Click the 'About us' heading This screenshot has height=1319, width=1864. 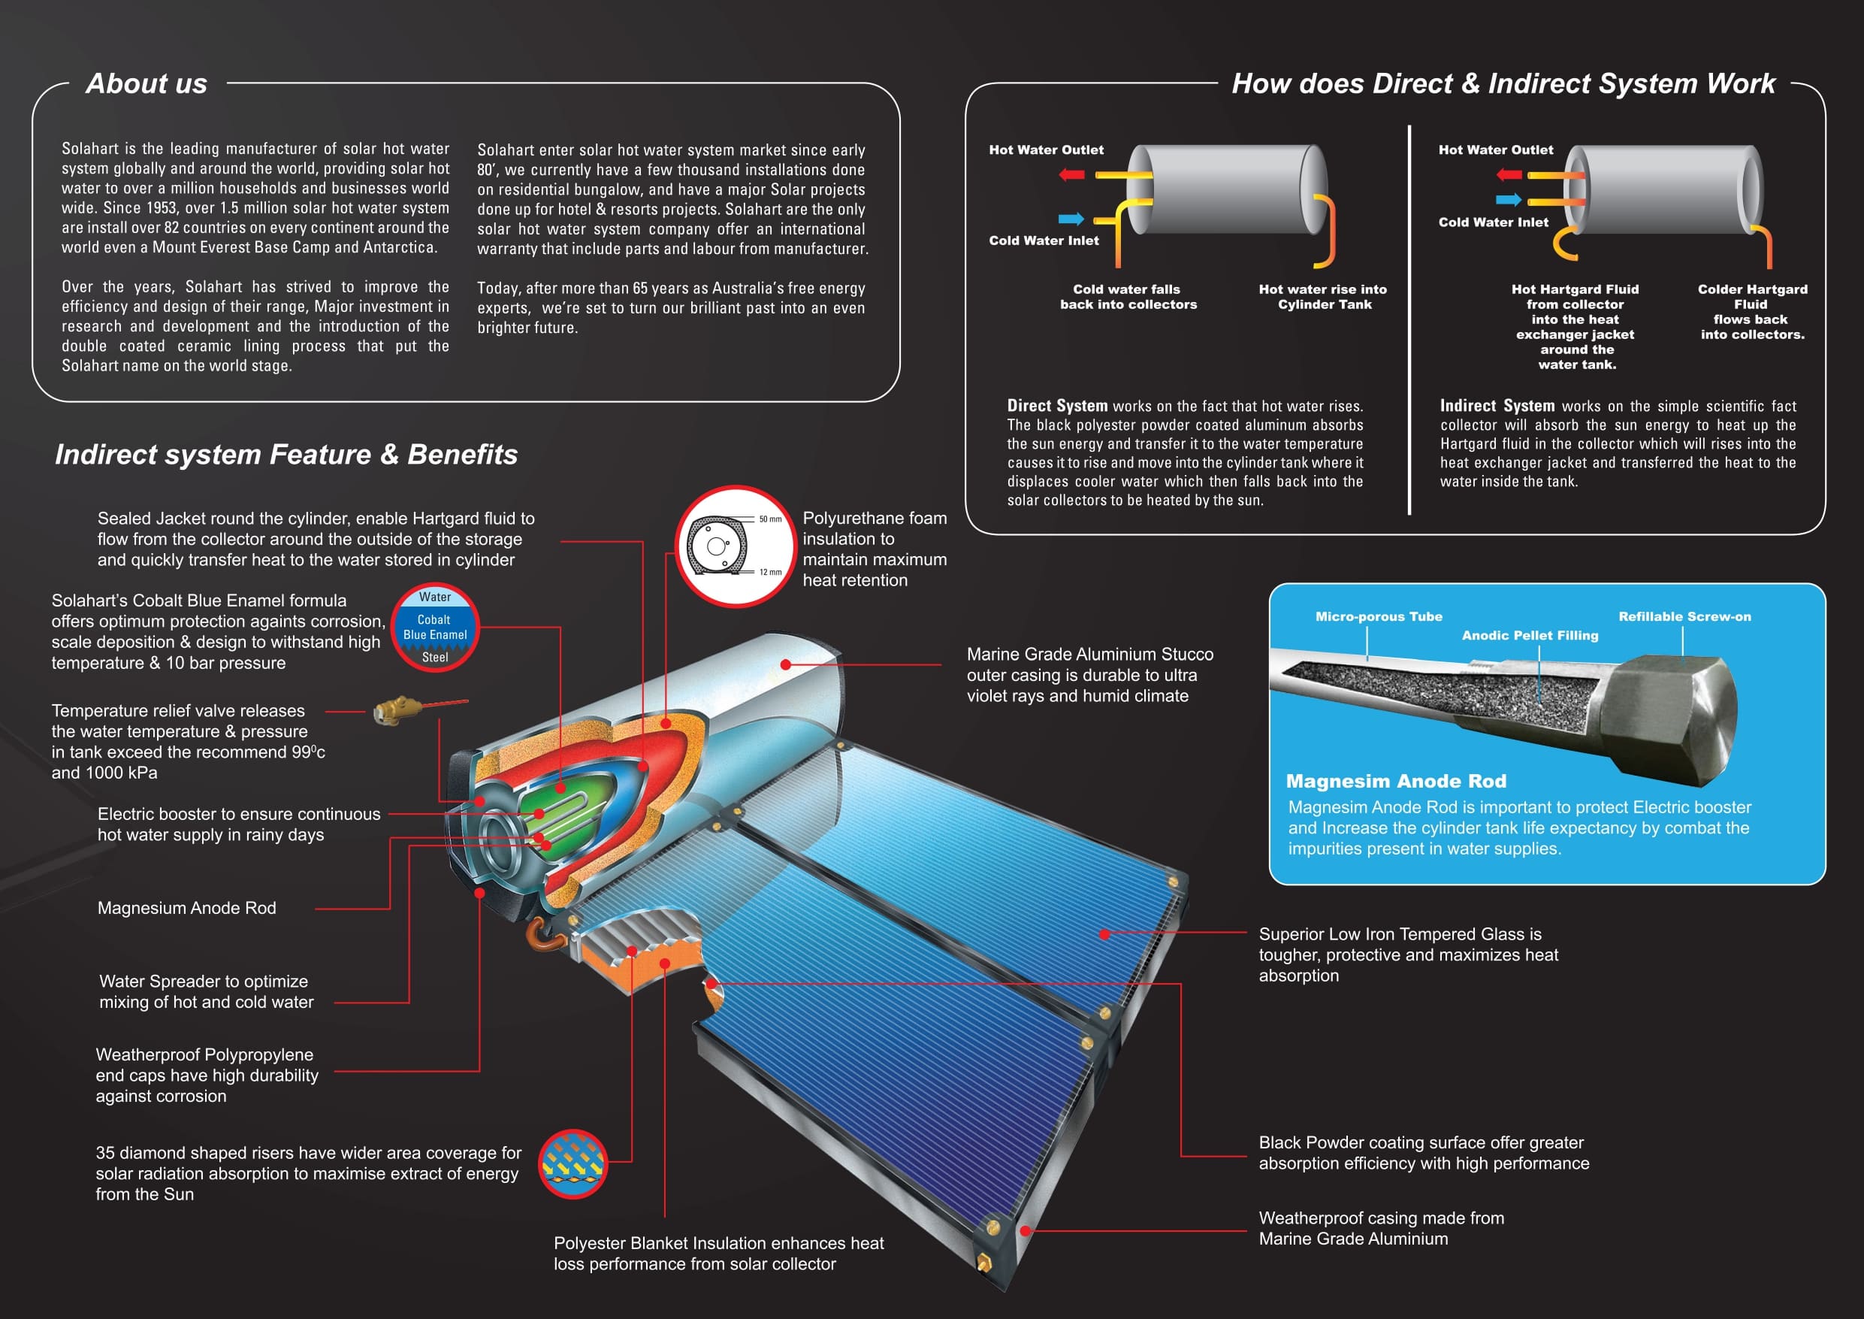(x=147, y=83)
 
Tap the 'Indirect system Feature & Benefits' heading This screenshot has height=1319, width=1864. (x=285, y=454)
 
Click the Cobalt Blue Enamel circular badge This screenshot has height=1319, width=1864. (x=435, y=627)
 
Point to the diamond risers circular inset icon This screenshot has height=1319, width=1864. (x=573, y=1163)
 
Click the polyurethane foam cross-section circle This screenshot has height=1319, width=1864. (x=735, y=546)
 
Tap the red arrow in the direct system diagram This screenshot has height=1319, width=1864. (x=1071, y=174)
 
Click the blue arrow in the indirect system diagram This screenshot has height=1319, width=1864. (x=1509, y=200)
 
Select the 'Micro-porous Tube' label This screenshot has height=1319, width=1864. (x=1379, y=616)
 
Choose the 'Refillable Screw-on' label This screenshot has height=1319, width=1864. (x=1684, y=616)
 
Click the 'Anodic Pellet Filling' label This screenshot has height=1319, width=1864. (x=1530, y=635)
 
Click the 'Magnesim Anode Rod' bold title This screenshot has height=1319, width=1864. (x=1396, y=781)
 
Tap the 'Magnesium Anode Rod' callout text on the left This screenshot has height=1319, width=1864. (x=187, y=907)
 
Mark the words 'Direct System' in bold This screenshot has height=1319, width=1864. (x=1057, y=405)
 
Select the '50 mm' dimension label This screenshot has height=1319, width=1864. (x=770, y=519)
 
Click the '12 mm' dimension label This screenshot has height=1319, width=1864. (x=770, y=572)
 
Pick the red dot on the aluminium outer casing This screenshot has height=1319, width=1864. (x=785, y=664)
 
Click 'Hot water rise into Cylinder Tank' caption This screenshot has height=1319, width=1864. (x=1323, y=296)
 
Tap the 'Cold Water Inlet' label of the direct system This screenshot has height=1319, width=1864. (x=1044, y=241)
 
